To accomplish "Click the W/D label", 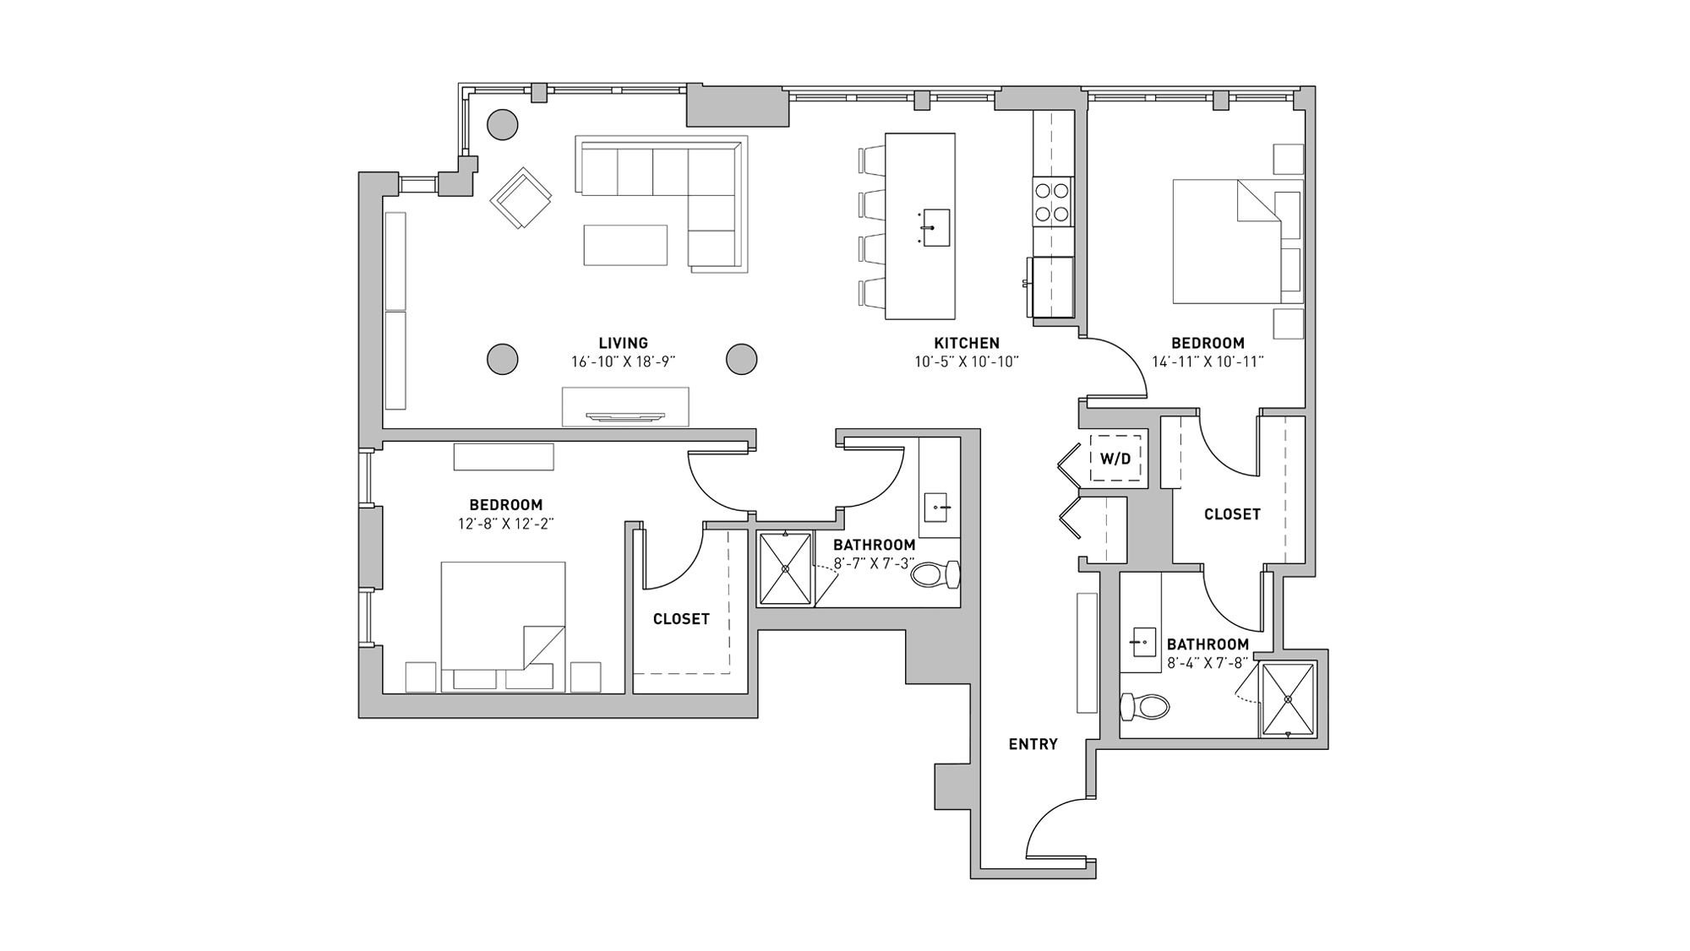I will point(1115,459).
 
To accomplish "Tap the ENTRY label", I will point(1033,744).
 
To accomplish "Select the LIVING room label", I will point(623,343).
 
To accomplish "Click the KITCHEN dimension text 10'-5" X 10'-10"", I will point(967,362).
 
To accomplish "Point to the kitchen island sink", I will point(935,227).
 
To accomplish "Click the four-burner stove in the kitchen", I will point(1053,202).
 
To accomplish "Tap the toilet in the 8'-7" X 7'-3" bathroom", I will point(935,575).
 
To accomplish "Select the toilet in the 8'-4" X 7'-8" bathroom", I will point(1144,706).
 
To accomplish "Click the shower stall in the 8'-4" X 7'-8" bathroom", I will point(1288,699).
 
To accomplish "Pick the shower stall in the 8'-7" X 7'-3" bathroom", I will point(785,568).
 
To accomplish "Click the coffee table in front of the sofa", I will point(625,245).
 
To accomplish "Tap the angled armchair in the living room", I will point(521,198).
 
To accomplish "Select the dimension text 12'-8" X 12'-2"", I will point(505,524).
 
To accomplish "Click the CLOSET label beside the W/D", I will point(1231,514).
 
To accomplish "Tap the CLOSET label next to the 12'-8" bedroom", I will point(681,619).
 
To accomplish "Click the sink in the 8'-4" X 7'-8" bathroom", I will point(1142,642).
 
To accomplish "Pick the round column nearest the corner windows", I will point(503,125).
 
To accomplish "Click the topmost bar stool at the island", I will point(872,160).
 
